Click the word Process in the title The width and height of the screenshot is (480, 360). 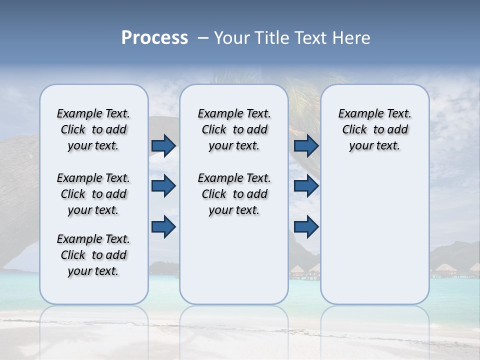coord(154,38)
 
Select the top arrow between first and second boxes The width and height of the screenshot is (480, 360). coord(163,146)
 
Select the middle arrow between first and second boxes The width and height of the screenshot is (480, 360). coord(163,186)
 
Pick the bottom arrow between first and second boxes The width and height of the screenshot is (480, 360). coord(163,227)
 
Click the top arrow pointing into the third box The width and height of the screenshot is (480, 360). coord(306,146)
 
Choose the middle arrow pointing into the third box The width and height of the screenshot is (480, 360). coord(306,186)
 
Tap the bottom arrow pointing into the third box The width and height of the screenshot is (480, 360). coord(306,227)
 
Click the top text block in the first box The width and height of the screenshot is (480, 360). coord(93,129)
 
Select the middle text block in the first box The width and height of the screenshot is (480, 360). coord(93,194)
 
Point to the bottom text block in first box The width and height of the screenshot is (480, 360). coord(93,255)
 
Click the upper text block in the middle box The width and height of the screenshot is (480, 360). coord(234,129)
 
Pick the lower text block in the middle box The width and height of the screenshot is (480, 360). coord(234,194)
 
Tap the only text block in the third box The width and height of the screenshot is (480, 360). coord(374,129)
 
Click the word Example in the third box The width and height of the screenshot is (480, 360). coord(357,114)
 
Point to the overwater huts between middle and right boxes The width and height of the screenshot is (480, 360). coord(304,271)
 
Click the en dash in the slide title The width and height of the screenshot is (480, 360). coord(203,38)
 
